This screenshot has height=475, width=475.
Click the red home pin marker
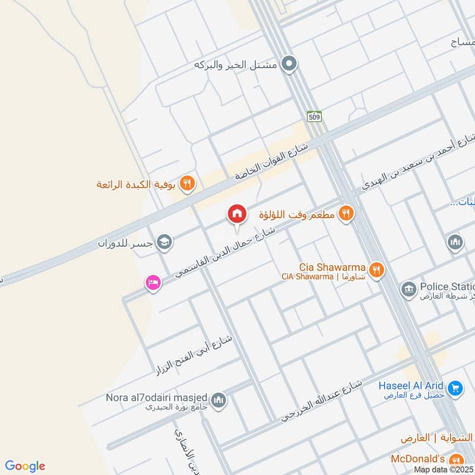click(236, 214)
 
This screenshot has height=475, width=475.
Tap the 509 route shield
click(315, 116)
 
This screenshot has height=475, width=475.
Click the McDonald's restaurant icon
click(456, 460)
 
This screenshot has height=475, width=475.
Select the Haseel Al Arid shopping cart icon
click(455, 388)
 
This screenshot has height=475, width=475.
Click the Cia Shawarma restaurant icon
click(375, 271)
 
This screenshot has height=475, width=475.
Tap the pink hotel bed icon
click(153, 283)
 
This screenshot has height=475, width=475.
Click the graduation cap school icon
click(164, 242)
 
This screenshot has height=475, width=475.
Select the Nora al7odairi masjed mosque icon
click(218, 400)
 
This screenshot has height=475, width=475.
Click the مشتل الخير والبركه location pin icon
click(289, 64)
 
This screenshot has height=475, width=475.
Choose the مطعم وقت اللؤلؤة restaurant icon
click(346, 213)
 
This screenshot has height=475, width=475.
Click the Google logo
click(24, 466)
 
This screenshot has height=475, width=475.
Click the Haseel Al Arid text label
click(411, 385)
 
